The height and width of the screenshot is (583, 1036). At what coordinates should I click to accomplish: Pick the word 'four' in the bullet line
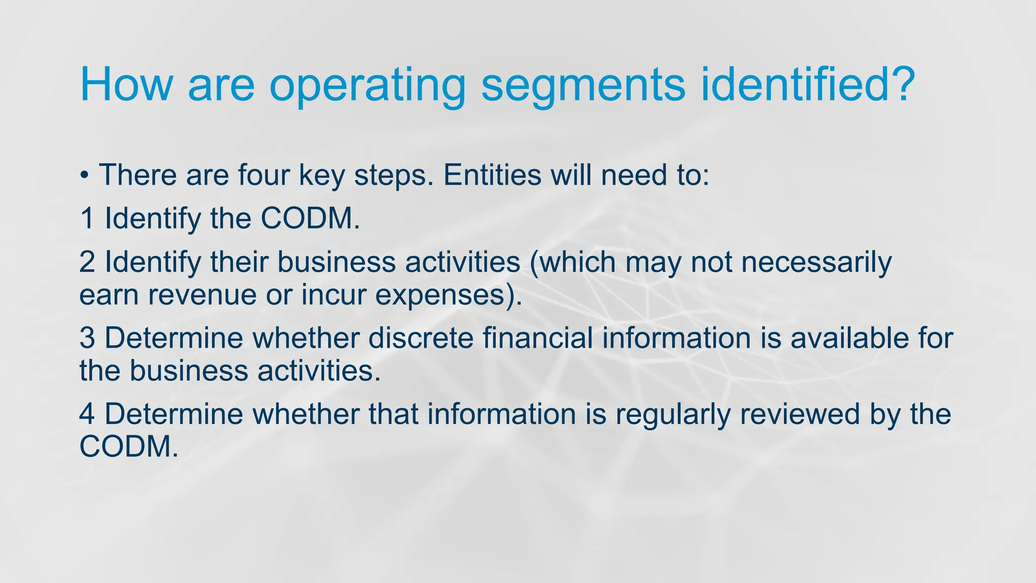point(264,175)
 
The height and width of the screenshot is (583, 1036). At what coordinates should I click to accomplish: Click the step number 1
point(87,219)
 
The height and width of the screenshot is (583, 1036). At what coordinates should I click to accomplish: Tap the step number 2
point(87,262)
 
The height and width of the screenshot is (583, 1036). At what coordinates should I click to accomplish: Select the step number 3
point(87,338)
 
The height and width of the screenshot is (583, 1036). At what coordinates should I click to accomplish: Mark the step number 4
point(87,414)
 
